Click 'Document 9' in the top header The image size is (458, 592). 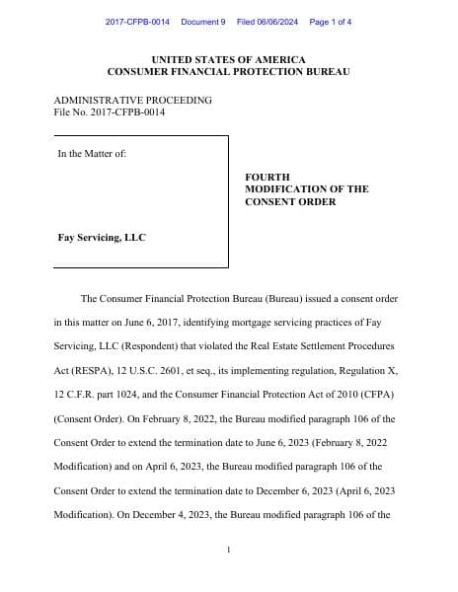[203, 22]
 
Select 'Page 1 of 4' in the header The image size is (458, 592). [331, 22]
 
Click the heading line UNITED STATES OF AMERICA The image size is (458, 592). [228, 60]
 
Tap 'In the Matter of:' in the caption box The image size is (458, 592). [92, 153]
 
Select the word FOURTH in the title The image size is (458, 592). [267, 177]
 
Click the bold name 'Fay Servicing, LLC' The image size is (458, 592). [102, 238]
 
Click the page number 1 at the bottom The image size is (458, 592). [228, 550]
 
